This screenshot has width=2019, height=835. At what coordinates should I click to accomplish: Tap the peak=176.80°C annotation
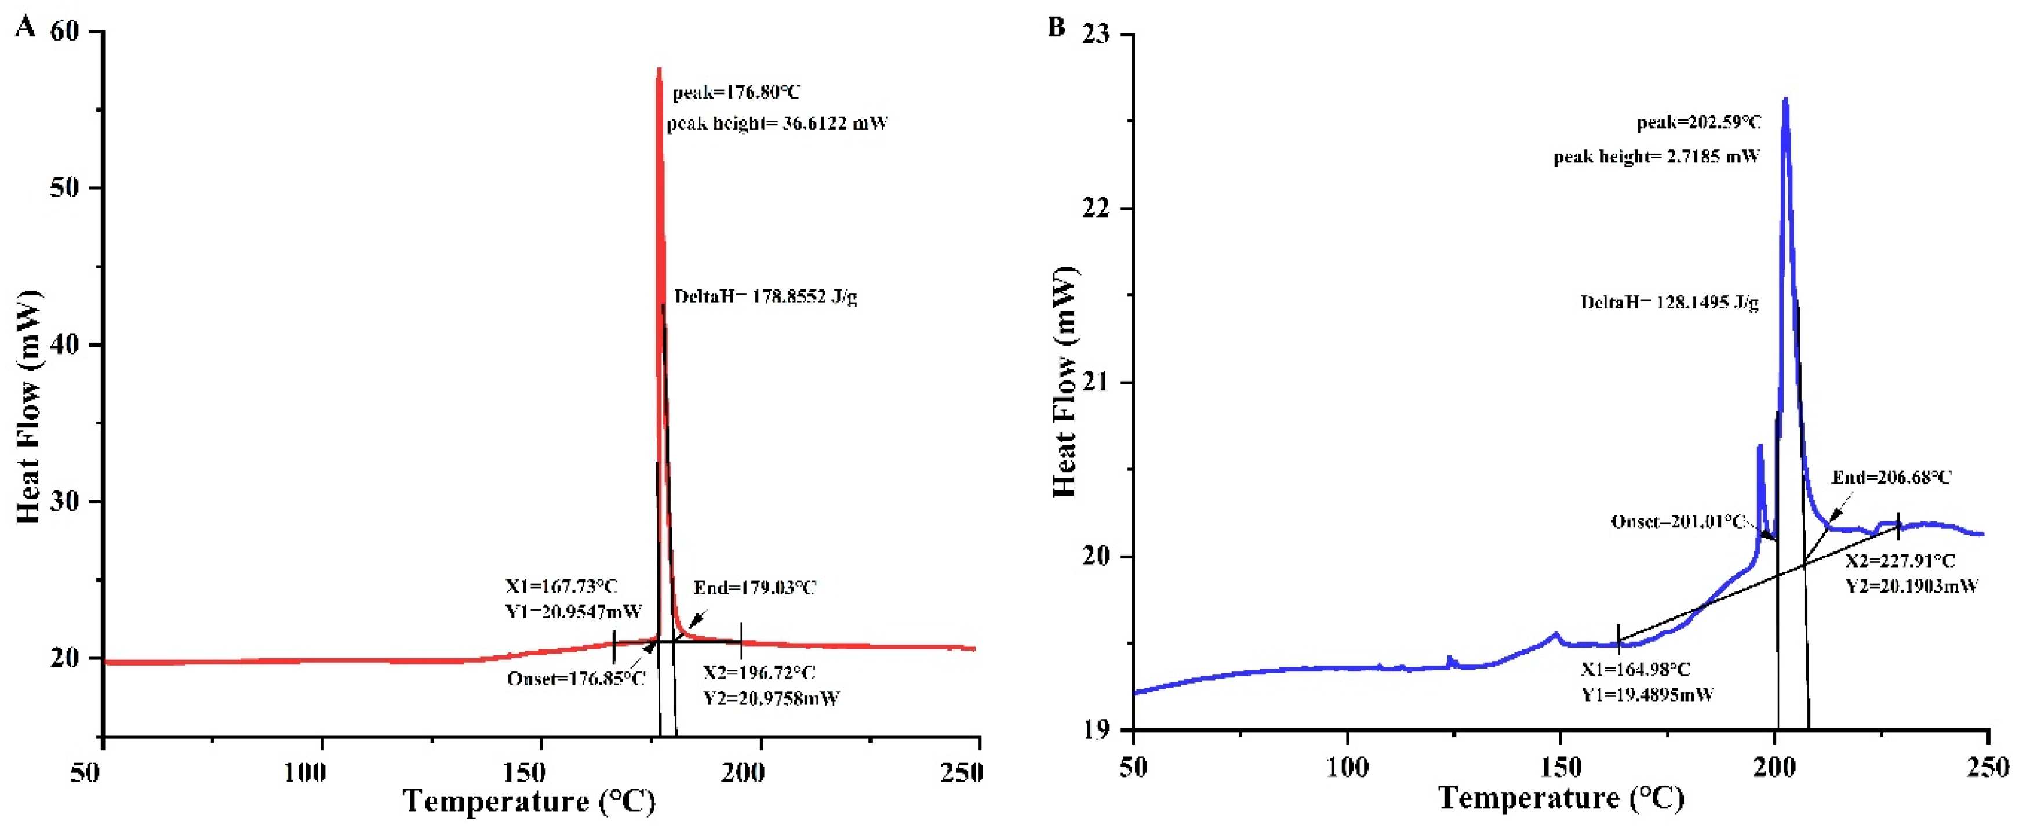click(736, 93)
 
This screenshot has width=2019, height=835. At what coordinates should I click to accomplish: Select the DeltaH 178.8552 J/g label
click(766, 296)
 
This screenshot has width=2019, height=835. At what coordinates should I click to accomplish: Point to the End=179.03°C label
click(755, 588)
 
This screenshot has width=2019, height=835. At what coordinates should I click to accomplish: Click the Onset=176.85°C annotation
click(576, 678)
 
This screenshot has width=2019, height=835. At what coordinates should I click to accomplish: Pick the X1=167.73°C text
click(561, 586)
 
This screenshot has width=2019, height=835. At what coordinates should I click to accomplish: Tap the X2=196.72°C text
click(759, 673)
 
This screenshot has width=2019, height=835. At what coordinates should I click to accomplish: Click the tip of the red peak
click(659, 69)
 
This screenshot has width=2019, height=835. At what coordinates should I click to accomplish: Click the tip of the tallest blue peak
click(1785, 99)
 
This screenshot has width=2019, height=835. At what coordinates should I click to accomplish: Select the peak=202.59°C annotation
click(1698, 122)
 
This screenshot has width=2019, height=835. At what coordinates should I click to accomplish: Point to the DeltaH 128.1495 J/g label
click(1669, 303)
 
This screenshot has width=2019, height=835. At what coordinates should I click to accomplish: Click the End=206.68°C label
click(1891, 477)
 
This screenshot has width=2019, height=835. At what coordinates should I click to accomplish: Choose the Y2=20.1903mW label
click(1912, 586)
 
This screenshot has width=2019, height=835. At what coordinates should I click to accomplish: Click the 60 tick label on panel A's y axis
click(64, 31)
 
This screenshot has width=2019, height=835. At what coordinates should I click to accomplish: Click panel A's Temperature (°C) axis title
click(529, 801)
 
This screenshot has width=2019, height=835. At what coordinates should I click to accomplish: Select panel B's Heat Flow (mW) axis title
click(1064, 382)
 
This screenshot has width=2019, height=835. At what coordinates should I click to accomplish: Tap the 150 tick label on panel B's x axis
click(1560, 767)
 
